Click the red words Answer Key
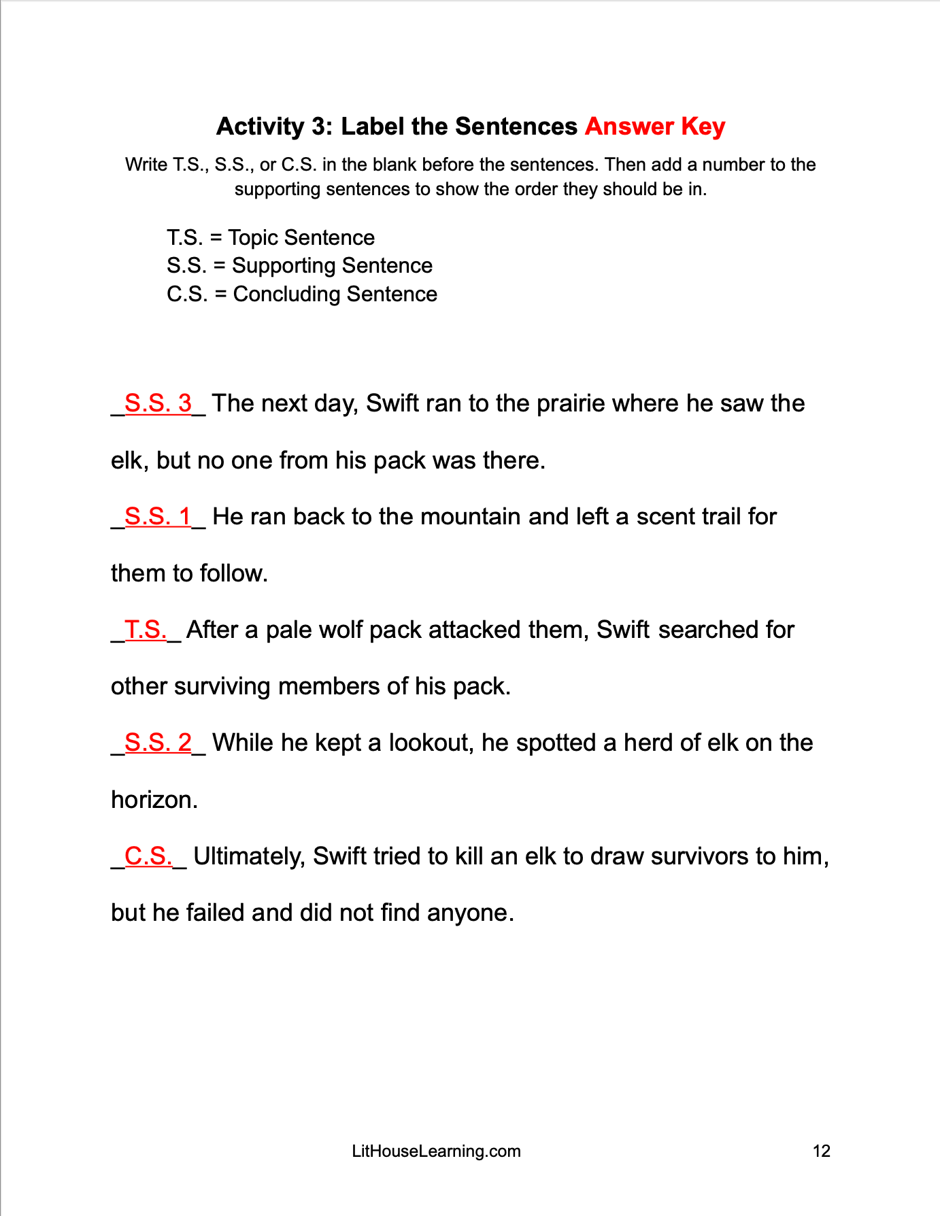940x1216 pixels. (654, 126)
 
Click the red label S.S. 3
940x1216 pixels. (158, 403)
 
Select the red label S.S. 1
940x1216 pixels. (158, 517)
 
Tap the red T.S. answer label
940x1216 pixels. (146, 630)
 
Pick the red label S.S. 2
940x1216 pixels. (158, 743)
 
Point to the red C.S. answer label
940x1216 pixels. (148, 856)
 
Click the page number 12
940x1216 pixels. (822, 1151)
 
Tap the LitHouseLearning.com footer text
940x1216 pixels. (436, 1151)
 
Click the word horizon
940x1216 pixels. (154, 800)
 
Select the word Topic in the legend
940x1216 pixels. (253, 238)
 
